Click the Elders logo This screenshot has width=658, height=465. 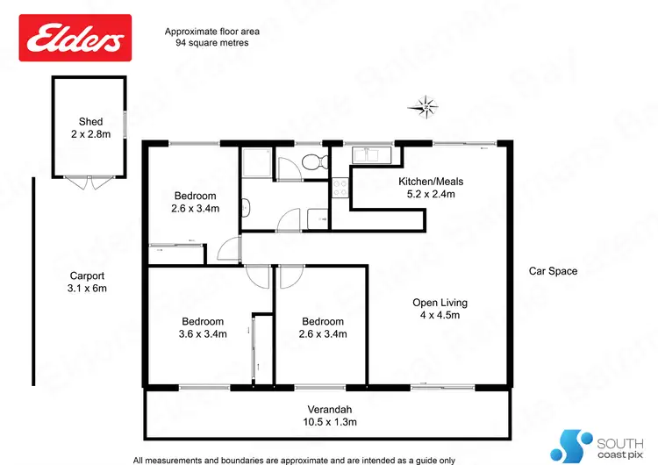click(x=75, y=38)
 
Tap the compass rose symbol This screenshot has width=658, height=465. click(x=426, y=108)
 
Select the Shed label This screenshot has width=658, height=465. click(x=90, y=122)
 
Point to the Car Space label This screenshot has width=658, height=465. click(x=553, y=271)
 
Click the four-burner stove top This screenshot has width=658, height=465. click(x=340, y=187)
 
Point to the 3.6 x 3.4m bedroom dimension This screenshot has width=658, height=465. click(x=203, y=334)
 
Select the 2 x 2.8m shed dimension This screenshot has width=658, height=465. click(x=90, y=135)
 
